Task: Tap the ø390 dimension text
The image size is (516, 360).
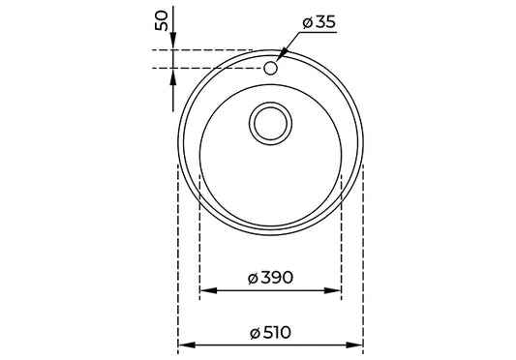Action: (270, 277)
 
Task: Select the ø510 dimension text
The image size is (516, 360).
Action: (270, 332)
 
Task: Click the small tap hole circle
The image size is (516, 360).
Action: (272, 68)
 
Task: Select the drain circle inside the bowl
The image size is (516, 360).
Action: (270, 124)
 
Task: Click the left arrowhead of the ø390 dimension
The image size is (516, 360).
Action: (204, 289)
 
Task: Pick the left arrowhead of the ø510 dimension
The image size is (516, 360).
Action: (184, 345)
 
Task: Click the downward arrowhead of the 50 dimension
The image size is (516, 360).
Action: (172, 44)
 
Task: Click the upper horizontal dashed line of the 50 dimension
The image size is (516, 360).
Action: (208, 50)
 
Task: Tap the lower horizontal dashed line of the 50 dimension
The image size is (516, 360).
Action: (208, 67)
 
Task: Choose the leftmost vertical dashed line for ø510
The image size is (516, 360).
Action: (178, 252)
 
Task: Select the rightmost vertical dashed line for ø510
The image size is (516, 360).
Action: (363, 252)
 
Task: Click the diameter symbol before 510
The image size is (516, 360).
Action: (253, 333)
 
